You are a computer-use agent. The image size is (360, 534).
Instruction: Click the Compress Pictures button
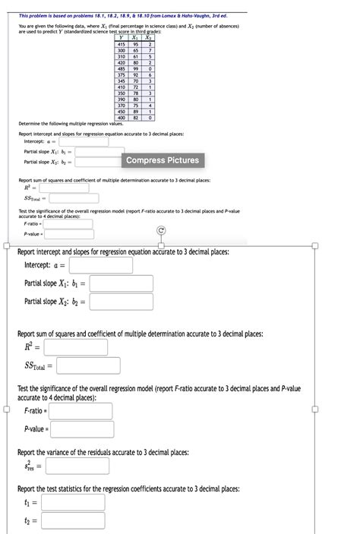(163, 160)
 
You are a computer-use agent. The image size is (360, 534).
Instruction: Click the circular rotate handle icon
(161, 230)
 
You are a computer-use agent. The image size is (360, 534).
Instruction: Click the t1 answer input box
(73, 502)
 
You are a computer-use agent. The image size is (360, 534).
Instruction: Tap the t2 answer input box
(73, 521)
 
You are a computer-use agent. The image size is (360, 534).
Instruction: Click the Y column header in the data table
(121, 38)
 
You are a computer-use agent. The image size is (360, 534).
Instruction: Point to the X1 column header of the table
(136, 38)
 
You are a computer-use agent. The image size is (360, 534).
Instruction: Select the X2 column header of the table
(150, 38)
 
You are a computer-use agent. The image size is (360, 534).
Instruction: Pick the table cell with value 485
(121, 68)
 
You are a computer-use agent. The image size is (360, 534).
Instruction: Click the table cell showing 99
(136, 68)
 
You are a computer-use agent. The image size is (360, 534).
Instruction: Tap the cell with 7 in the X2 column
(150, 50)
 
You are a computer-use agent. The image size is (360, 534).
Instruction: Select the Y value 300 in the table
(121, 50)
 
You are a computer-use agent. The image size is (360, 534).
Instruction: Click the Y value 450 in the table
(121, 111)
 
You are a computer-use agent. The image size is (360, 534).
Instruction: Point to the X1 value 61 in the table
(136, 56)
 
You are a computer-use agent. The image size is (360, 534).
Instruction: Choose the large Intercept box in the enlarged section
(100, 265)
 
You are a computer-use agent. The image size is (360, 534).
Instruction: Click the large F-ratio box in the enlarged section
(81, 411)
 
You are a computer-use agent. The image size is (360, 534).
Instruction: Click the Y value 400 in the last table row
(121, 117)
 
